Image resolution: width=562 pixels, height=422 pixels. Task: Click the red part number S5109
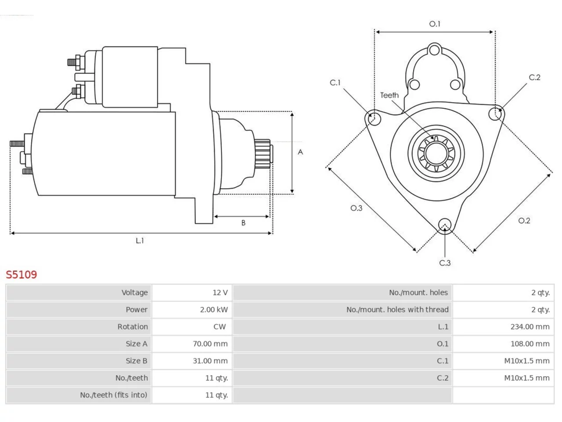(21, 275)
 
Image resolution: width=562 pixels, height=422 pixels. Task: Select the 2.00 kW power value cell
(214, 309)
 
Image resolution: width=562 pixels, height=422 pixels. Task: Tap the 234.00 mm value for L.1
(530, 327)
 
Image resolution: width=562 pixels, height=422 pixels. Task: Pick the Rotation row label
(133, 327)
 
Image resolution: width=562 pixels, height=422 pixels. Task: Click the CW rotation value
(220, 327)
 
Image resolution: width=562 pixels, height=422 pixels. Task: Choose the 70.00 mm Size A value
(210, 344)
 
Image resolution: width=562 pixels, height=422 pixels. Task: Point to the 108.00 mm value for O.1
(530, 344)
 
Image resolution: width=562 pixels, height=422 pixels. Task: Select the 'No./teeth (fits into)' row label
(114, 395)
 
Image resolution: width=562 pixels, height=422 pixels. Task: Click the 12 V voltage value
(220, 292)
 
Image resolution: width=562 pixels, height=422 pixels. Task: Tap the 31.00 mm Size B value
(210, 361)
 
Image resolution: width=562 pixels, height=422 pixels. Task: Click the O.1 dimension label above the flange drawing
(435, 24)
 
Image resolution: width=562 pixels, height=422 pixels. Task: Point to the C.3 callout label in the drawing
(445, 263)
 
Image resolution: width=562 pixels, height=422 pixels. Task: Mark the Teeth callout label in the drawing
(389, 95)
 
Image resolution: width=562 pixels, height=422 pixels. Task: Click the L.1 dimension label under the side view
(140, 240)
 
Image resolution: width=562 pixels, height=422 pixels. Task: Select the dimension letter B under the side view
(243, 223)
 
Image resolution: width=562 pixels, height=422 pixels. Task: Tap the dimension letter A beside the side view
(300, 152)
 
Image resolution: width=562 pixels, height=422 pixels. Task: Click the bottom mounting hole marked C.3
(445, 225)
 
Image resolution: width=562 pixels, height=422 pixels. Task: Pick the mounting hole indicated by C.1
(374, 119)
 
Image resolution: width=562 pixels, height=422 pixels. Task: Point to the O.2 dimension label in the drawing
(524, 221)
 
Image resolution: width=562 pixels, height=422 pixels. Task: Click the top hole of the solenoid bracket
(434, 50)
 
